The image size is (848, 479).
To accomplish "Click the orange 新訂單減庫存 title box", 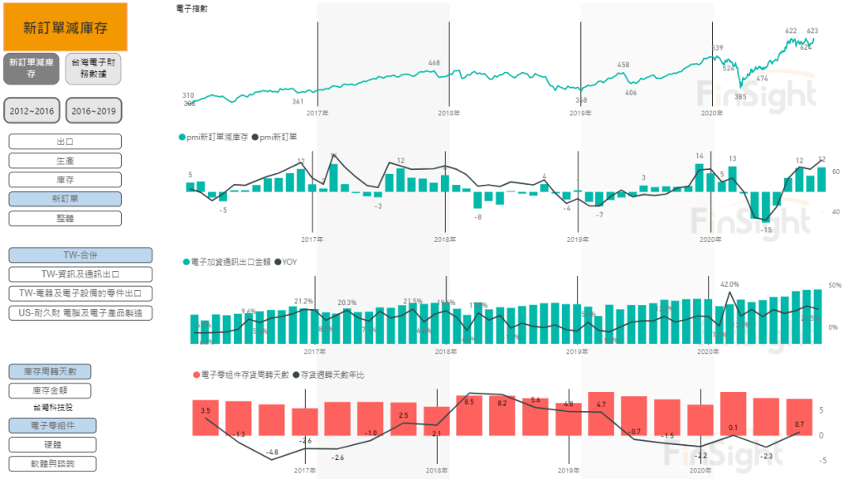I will (65, 27).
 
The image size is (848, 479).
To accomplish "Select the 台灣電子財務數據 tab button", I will (94, 68).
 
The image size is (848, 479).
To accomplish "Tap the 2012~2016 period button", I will (32, 110).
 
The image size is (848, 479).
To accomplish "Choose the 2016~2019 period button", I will (94, 110).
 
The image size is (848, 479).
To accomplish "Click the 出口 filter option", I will (65, 142).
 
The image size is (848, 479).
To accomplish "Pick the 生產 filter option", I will (65, 161).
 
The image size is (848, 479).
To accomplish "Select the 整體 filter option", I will (65, 218).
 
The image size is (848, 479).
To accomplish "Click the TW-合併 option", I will (80, 255).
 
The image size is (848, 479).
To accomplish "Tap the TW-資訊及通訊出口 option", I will (80, 274).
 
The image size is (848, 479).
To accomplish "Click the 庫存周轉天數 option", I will (50, 372).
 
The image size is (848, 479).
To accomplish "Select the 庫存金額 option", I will (50, 390).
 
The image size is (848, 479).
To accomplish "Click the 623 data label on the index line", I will (812, 31).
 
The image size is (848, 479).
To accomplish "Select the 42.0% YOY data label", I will (729, 284).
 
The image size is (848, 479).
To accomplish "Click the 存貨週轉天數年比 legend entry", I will (332, 375).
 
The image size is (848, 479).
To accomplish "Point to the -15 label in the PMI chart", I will (766, 230).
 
